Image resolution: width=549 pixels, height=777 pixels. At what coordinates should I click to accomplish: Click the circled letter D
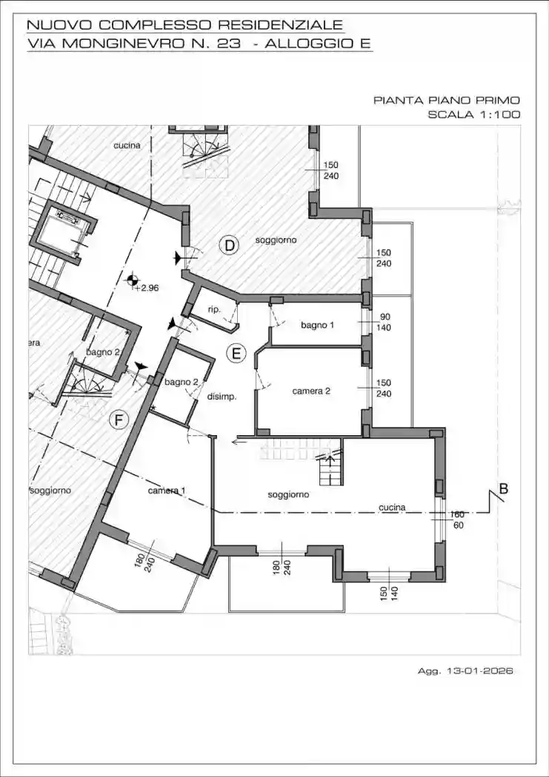click(230, 246)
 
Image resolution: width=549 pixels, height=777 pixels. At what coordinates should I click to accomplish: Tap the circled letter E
click(236, 354)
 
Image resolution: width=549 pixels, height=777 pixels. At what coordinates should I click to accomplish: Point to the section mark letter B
click(504, 488)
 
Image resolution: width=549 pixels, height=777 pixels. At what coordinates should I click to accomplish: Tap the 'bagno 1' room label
click(317, 325)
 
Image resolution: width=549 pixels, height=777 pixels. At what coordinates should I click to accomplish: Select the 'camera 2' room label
click(311, 391)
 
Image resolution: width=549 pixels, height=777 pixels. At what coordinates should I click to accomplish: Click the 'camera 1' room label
click(167, 491)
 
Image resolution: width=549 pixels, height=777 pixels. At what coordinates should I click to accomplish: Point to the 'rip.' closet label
click(214, 309)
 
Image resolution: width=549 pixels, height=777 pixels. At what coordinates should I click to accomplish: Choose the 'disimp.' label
click(222, 397)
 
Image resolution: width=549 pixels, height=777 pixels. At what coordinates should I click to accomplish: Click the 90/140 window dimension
click(385, 321)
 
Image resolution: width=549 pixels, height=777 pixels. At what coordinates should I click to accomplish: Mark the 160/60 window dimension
click(457, 519)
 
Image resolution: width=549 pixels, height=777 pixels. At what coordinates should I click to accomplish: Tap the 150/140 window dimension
click(388, 593)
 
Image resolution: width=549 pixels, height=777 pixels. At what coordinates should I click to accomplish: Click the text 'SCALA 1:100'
click(473, 115)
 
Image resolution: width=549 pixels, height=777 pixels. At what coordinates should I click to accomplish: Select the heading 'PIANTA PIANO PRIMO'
click(447, 100)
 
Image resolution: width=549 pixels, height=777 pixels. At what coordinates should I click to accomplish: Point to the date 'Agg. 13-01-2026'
click(465, 671)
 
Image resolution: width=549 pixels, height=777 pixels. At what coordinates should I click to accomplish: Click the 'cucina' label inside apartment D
click(127, 146)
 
